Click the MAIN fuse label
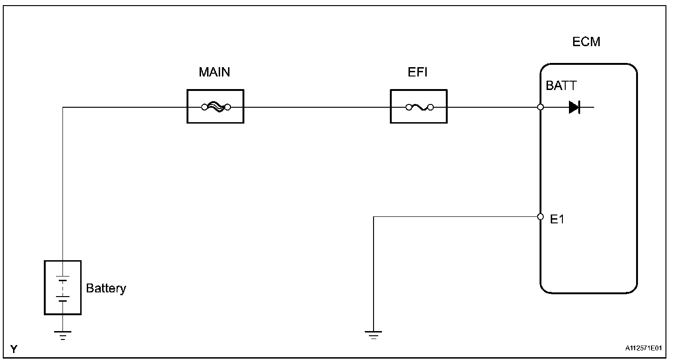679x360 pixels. point(215,73)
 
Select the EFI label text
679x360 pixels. point(418,73)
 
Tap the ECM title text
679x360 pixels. point(586,42)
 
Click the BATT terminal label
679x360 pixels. point(561,86)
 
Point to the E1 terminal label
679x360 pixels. point(557,219)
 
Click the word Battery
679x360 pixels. point(106,289)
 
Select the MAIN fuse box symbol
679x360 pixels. point(215,107)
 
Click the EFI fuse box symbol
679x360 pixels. point(418,107)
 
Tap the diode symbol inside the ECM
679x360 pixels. point(574,108)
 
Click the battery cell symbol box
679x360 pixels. point(62,287)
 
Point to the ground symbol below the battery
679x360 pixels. point(62,335)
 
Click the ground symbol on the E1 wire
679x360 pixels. point(373,335)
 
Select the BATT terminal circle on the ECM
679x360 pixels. point(540,107)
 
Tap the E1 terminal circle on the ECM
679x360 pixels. point(540,217)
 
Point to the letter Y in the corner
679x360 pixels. point(13,349)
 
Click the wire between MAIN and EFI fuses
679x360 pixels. point(317,107)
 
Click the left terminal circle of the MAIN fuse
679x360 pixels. point(204,107)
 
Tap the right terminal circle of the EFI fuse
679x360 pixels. point(430,107)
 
